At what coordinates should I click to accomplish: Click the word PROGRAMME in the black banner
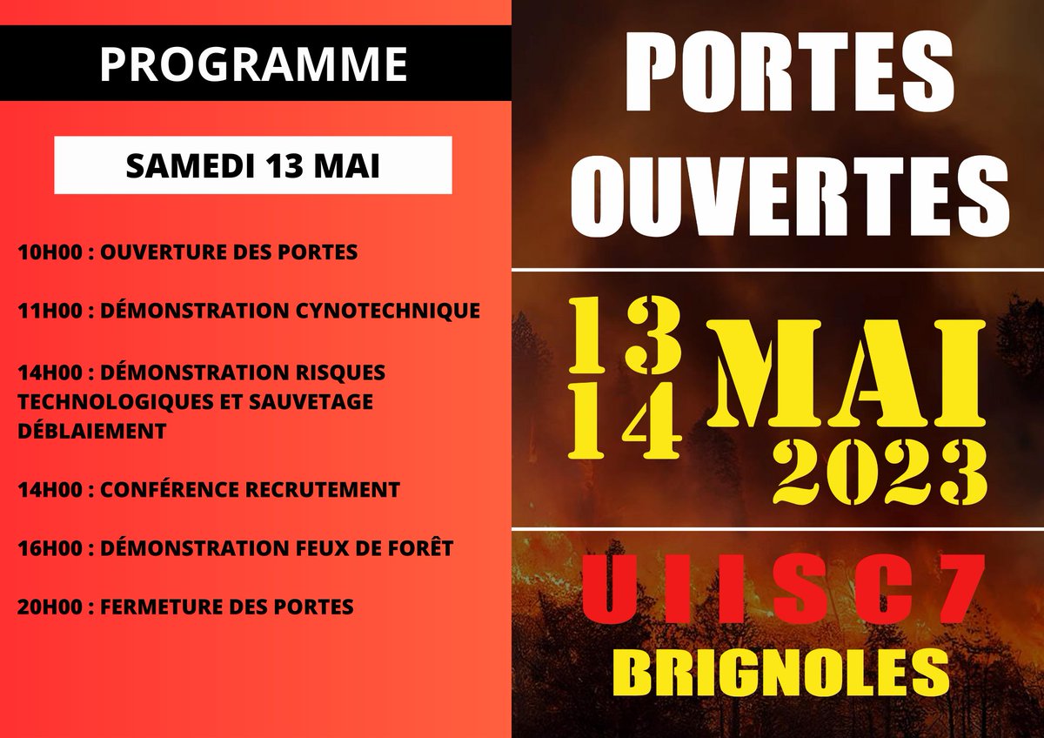pos(253,63)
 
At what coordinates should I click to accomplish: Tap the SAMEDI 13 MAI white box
pos(253,165)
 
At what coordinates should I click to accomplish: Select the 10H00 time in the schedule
pos(52,253)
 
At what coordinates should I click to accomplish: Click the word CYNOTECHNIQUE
pos(397,311)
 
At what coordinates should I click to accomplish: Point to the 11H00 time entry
pos(52,311)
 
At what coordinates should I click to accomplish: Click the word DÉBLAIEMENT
pos(91,431)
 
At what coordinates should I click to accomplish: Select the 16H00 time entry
pos(52,547)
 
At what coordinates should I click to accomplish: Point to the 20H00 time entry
pos(52,606)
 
